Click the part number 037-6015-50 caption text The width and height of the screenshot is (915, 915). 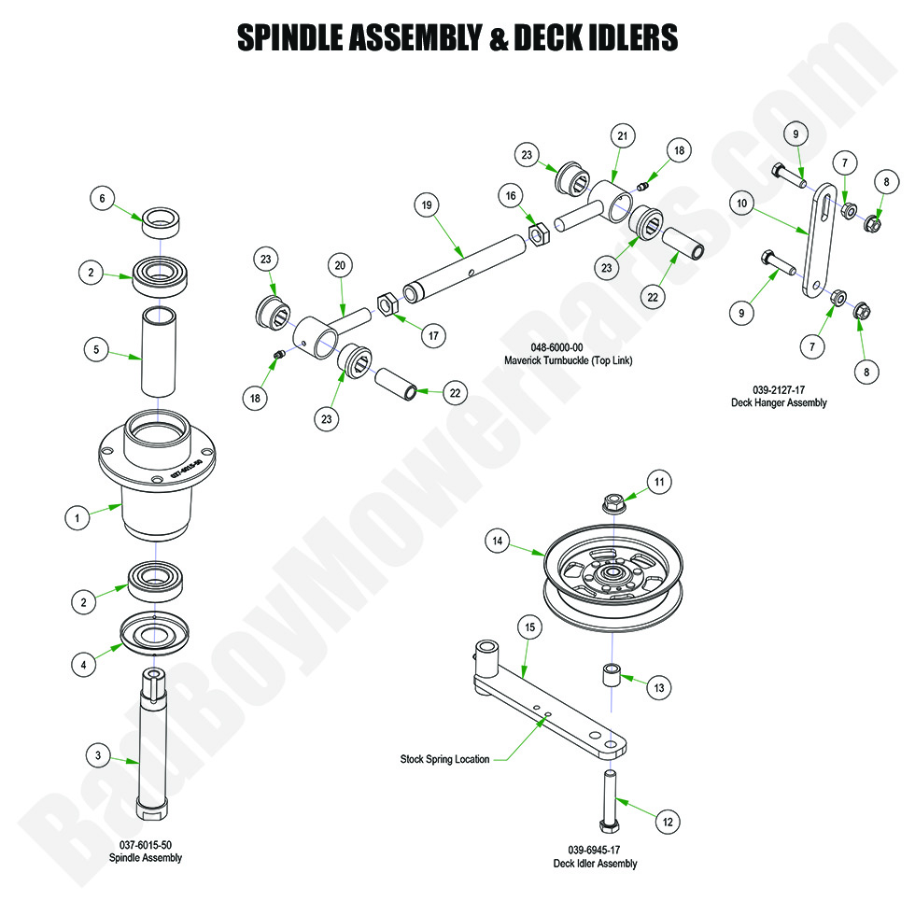(145, 845)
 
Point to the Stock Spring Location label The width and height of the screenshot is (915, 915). (444, 759)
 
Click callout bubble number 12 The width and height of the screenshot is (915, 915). (667, 822)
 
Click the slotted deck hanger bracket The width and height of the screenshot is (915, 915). (819, 240)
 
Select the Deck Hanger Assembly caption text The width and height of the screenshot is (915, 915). (779, 402)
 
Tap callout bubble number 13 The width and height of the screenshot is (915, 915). (659, 688)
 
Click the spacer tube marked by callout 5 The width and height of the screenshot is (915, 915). (159, 351)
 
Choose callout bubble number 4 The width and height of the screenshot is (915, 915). (84, 664)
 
